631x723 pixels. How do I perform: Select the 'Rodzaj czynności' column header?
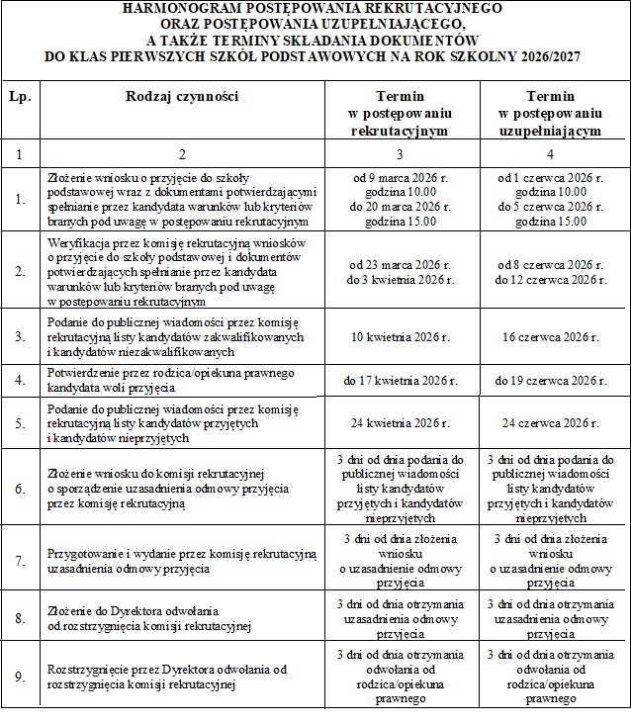(183, 97)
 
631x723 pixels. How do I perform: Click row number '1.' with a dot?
(20, 199)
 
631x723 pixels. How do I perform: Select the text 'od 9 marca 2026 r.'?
(402, 178)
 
